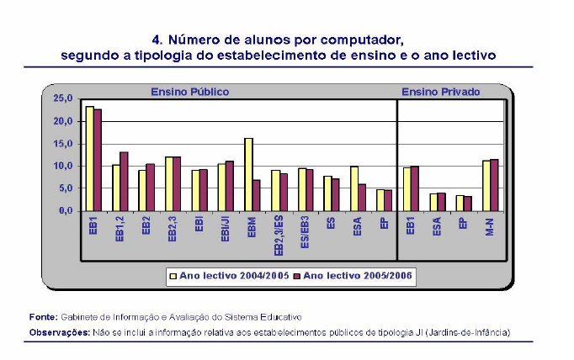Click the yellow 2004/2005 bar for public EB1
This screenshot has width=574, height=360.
tap(89, 159)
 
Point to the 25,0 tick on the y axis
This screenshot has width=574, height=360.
tap(62, 98)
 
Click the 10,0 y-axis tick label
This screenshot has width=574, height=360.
tap(62, 166)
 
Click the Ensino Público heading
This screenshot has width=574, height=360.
tap(189, 91)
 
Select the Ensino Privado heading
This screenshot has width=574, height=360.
tap(440, 91)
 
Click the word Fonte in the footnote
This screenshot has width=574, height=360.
tap(42, 316)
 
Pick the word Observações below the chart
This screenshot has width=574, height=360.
tap(57, 331)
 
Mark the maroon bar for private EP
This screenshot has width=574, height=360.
tap(469, 204)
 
